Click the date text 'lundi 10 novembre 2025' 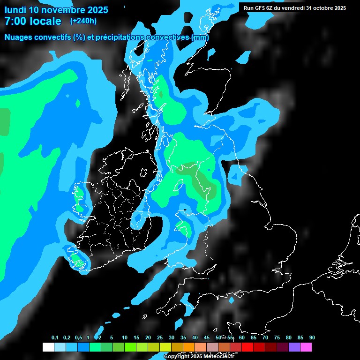pos(56,10)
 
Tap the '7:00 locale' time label pos(33,21)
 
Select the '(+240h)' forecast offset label pos(83,21)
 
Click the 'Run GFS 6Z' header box pos(295,8)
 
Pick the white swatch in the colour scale pos(48,347)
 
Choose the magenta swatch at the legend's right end pos(306,347)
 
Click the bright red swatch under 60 pos(247,347)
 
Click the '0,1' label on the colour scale pos(55,338)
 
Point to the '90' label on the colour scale pos(312,338)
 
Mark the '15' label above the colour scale pos(136,338)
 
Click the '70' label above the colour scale pos(265,338)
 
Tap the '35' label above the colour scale pos(183,338)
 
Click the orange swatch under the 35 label pos(189,347)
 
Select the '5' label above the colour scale pos(112,338)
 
